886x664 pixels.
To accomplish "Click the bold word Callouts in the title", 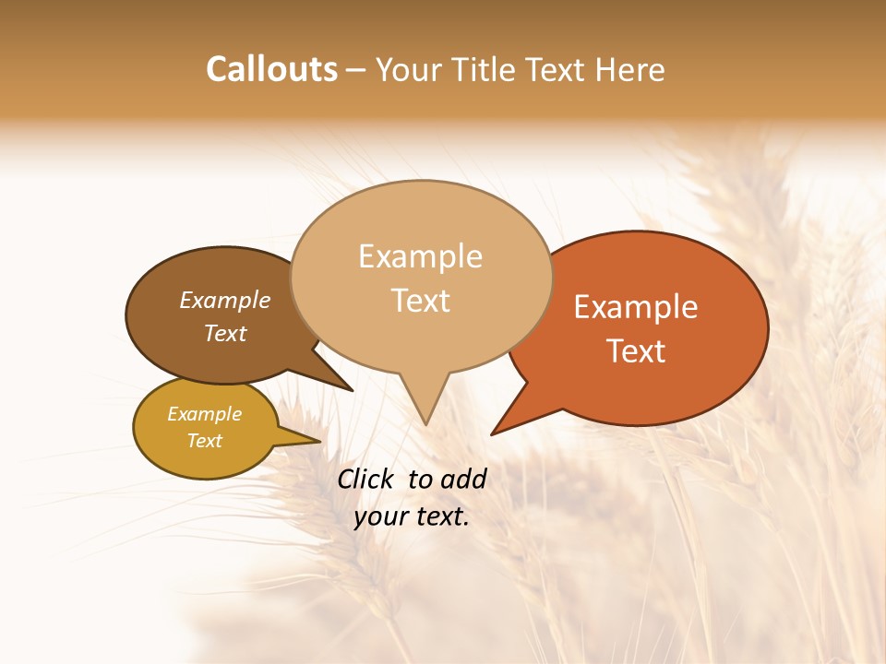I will tap(271, 69).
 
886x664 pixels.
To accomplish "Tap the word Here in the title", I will tap(630, 69).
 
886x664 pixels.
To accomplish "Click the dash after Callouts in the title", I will tap(356, 70).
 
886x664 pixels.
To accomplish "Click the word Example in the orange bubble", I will tap(636, 307).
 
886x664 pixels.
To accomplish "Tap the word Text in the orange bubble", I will tap(636, 351).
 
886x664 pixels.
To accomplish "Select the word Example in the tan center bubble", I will tap(420, 256).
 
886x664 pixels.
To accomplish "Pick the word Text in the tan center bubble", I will tap(420, 301).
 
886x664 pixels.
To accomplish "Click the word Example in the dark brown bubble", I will tap(224, 301).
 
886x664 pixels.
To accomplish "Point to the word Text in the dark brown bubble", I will tap(224, 333).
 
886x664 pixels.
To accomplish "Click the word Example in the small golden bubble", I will tap(204, 414).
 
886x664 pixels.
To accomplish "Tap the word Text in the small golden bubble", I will tap(204, 441).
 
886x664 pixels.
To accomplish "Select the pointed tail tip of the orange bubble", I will tap(492, 433).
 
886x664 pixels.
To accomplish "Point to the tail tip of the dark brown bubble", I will tap(352, 390).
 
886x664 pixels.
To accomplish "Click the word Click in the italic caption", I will tap(366, 479).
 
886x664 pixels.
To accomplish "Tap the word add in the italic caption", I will tap(463, 479).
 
